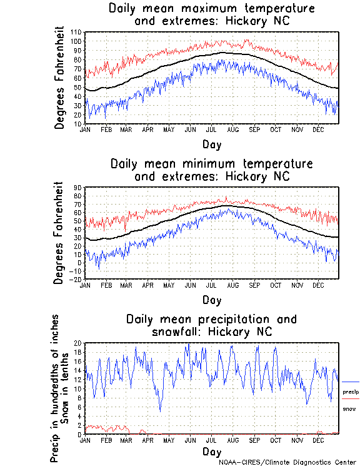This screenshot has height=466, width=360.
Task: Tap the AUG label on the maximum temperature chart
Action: tap(232, 129)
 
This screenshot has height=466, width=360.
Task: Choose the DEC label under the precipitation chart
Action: tap(317, 440)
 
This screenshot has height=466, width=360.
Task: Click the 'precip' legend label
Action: tap(350, 392)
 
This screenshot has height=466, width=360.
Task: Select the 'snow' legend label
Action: tap(349, 408)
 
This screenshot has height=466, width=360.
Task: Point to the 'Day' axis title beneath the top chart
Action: tap(211, 144)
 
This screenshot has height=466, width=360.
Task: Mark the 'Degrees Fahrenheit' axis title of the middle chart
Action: tap(59, 233)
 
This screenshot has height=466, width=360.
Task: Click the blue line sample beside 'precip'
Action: tap(351, 382)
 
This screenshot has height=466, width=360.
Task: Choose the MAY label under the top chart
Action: tap(169, 129)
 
